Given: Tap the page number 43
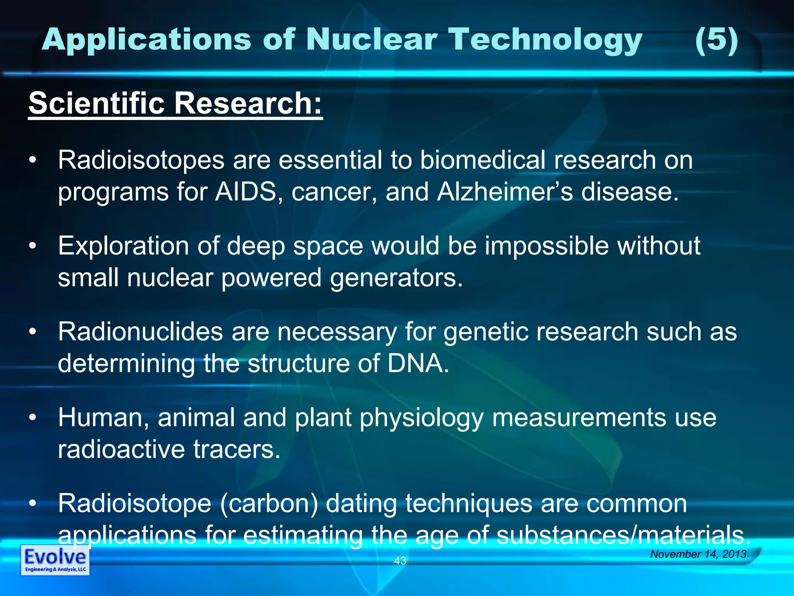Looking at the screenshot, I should (400, 560).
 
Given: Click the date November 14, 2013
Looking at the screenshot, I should (698, 554).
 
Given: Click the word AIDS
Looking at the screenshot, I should (245, 192).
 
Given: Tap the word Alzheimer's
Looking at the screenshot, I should (504, 192).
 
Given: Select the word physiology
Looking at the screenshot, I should (421, 418).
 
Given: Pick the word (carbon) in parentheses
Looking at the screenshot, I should (269, 504).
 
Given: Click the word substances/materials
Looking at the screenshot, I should (623, 535).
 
